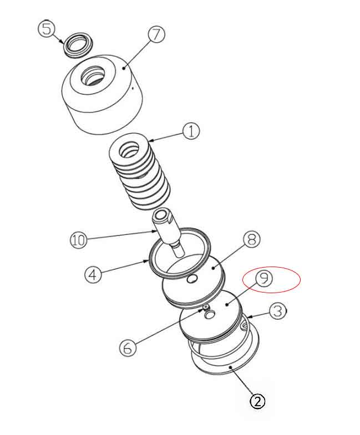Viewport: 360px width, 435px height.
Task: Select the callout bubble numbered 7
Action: tap(156, 34)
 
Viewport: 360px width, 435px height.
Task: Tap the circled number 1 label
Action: tap(191, 131)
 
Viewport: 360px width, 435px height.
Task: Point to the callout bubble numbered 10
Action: tap(79, 240)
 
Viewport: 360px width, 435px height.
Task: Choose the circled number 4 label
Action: tap(93, 274)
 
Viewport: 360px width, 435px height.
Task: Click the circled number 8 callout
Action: tap(251, 239)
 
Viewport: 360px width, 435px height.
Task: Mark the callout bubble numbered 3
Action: tap(278, 311)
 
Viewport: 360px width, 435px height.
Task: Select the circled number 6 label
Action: tap(128, 347)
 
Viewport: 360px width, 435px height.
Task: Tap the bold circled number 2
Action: tap(258, 401)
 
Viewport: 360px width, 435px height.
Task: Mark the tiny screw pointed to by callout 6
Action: tap(206, 307)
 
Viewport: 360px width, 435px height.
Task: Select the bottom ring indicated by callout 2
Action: tap(227, 368)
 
